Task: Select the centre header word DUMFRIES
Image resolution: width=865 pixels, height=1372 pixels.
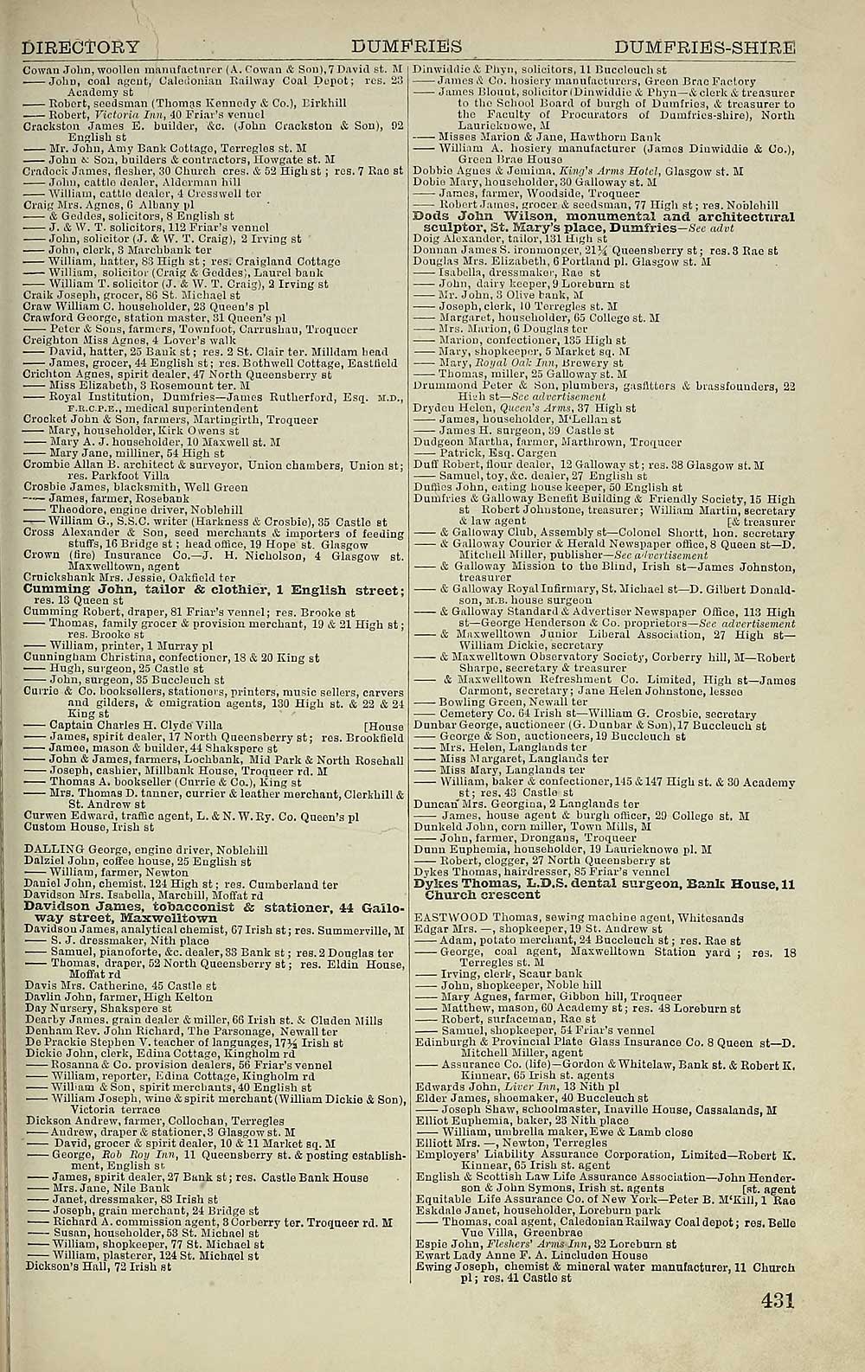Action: click(407, 46)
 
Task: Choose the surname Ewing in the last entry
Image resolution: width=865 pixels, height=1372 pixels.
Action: click(432, 1267)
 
